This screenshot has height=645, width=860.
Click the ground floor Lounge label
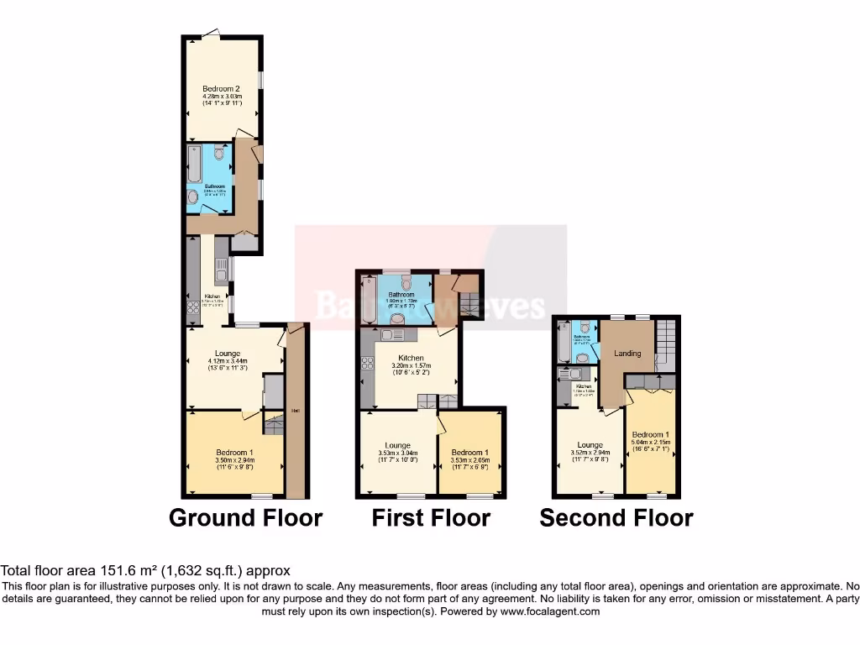click(x=228, y=354)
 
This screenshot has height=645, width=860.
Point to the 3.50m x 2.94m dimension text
click(x=228, y=460)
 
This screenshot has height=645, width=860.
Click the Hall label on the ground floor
click(x=296, y=410)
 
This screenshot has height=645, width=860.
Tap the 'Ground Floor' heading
click(x=245, y=517)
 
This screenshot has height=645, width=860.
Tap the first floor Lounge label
click(x=397, y=445)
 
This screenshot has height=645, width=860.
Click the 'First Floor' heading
click(x=431, y=517)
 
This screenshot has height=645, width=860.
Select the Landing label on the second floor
click(x=627, y=354)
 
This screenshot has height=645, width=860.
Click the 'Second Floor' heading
click(x=616, y=517)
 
